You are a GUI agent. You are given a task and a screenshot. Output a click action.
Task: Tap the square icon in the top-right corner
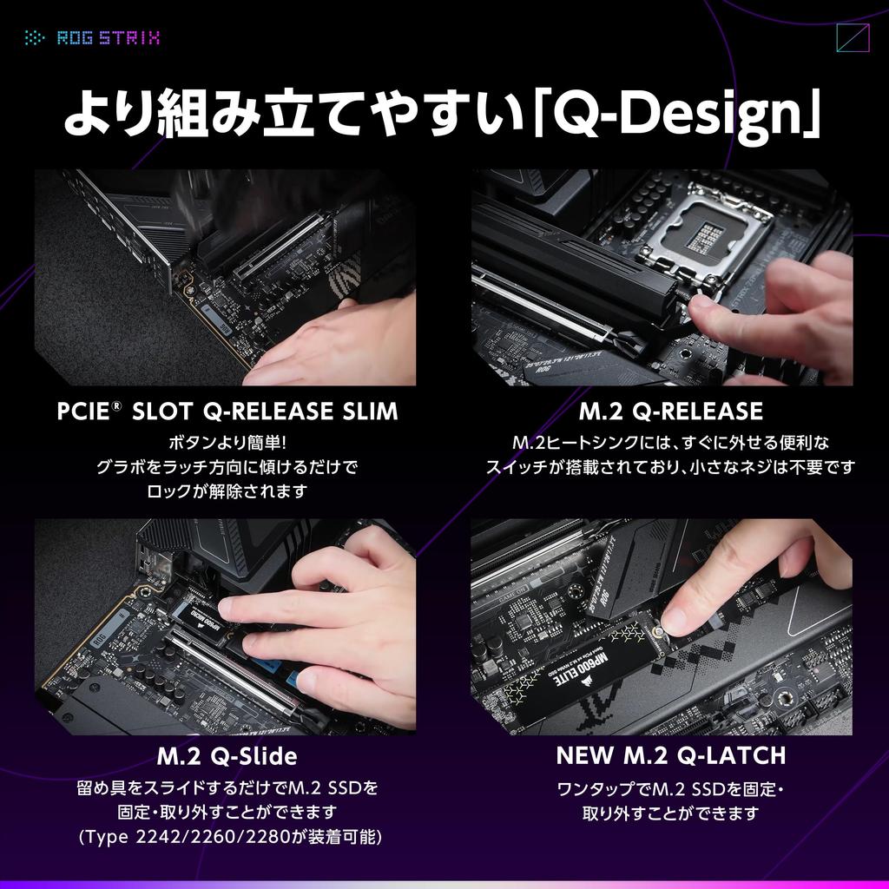pos(852,38)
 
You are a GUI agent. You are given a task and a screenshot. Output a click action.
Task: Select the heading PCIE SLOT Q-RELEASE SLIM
pos(227,411)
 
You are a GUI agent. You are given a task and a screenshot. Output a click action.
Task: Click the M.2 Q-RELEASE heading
pos(670,411)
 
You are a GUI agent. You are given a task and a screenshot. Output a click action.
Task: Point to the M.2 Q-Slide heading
pos(227,756)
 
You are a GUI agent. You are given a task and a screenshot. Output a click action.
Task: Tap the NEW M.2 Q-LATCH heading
pos(670,755)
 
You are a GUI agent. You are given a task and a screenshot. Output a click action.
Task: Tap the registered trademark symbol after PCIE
pos(115,405)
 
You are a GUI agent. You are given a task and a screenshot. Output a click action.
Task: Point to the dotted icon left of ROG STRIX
pos(35,37)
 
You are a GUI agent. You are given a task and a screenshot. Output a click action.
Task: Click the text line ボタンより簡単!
pos(227,443)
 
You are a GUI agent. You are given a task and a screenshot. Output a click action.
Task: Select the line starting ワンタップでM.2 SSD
pos(670,790)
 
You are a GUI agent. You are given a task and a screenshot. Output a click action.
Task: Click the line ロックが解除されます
pos(227,491)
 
